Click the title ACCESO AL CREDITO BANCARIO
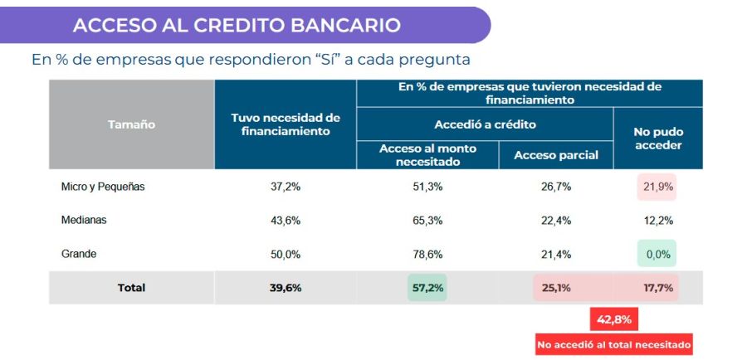tap(237, 25)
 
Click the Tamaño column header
tap(131, 124)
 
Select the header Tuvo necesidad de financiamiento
tap(286, 124)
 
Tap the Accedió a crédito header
tap(485, 124)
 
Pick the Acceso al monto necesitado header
tap(427, 155)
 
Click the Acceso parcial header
tap(556, 155)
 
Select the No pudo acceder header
tap(658, 139)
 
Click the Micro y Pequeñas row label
tap(103, 187)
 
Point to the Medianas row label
tap(84, 221)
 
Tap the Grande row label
tap(79, 254)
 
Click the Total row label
tap(131, 288)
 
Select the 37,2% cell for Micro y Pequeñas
tap(286, 187)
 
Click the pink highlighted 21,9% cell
tap(657, 187)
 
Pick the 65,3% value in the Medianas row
tap(427, 221)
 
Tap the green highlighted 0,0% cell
tap(657, 254)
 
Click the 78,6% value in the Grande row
tap(427, 254)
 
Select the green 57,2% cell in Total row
tap(427, 288)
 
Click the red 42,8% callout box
tap(613, 319)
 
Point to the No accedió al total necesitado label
tap(613, 344)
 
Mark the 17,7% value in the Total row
tap(657, 288)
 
